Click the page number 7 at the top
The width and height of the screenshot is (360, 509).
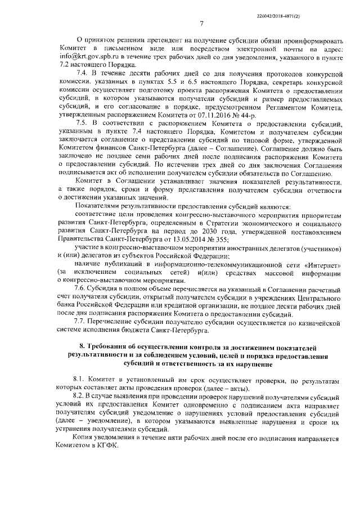tap(201, 22)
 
